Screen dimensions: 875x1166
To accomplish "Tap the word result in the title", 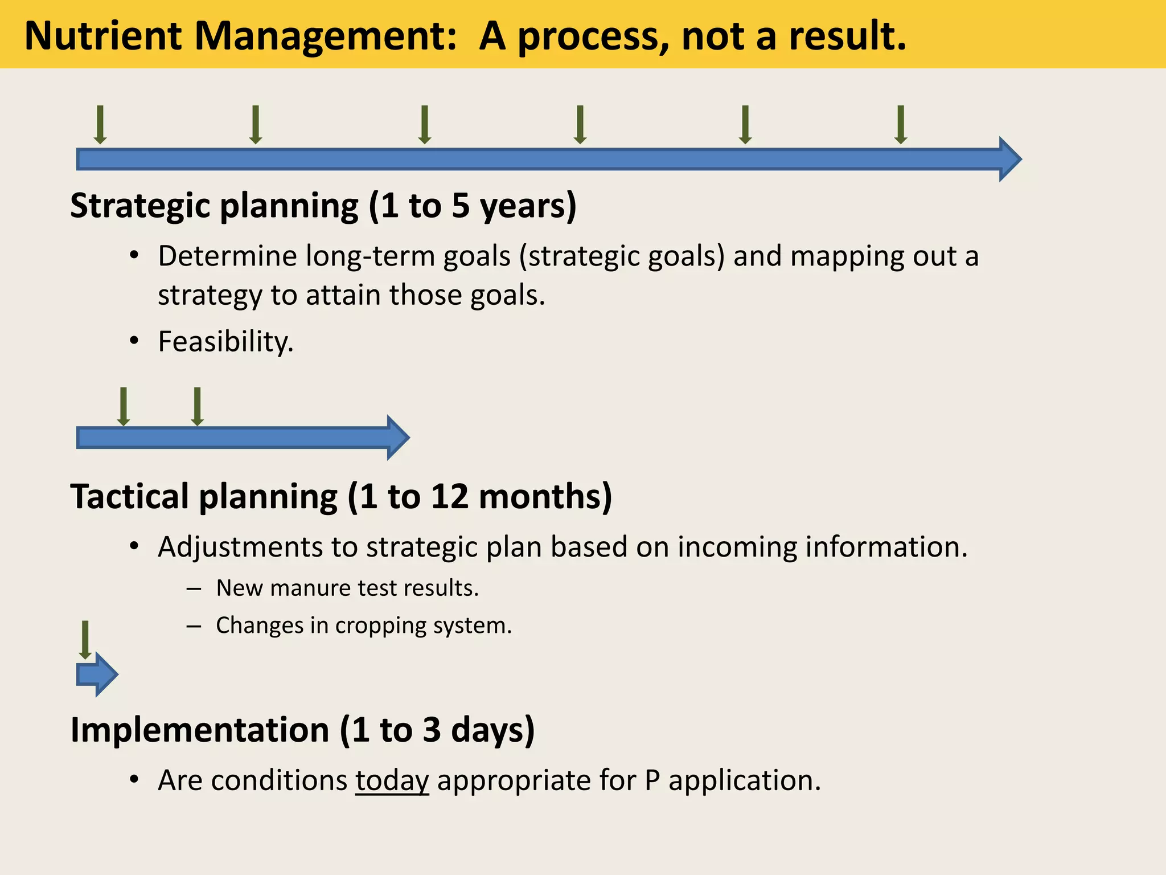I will click(847, 36).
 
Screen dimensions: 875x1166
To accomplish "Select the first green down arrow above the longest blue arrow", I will click(100, 124).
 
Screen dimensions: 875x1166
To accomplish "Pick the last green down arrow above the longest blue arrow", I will click(900, 124).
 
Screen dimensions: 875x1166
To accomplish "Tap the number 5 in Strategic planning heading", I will click(460, 206).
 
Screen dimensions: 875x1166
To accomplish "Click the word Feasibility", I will click(225, 342).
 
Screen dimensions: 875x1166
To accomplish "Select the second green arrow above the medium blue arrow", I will click(197, 406).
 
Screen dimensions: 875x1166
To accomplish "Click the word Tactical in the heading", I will click(129, 496).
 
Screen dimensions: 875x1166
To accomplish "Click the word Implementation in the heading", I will click(199, 730).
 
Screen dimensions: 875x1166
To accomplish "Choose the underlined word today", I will click(392, 780).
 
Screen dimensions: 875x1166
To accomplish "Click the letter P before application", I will click(652, 780).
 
